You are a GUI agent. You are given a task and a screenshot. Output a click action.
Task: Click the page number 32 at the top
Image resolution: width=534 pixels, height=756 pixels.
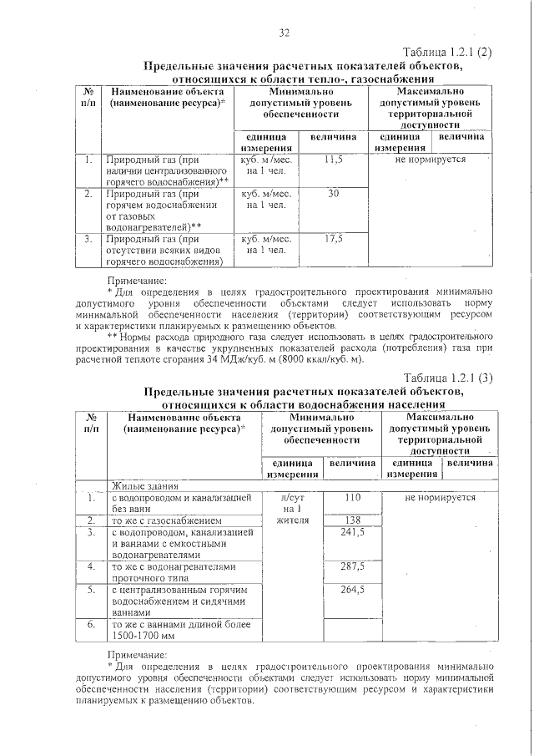coord(284,33)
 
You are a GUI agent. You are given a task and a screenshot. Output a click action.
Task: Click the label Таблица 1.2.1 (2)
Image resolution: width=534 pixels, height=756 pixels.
coord(447,51)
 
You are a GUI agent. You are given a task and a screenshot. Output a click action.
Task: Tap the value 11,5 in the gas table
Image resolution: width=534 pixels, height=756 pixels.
coord(334,159)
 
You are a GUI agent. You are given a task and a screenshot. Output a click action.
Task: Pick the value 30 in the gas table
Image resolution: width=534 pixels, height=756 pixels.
coord(334,193)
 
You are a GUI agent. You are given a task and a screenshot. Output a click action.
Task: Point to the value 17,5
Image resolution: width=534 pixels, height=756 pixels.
coord(334,239)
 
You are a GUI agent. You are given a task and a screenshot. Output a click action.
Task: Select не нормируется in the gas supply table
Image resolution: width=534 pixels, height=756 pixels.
coord(431,159)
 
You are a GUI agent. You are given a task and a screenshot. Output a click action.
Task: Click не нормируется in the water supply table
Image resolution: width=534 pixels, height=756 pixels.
coord(440,498)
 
